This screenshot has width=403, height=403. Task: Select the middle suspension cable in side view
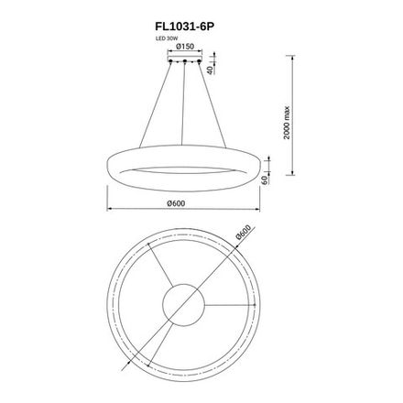point(186,101)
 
